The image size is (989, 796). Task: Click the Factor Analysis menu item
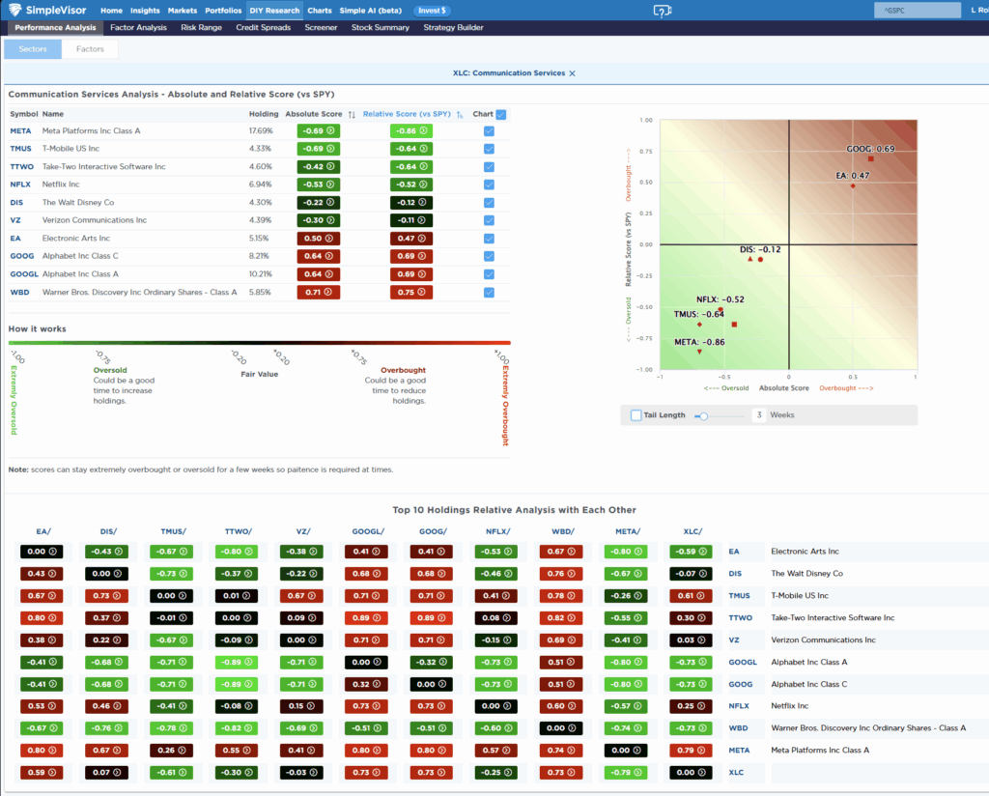[x=138, y=28]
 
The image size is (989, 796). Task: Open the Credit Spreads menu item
[x=263, y=28]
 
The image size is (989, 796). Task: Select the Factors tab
[x=90, y=48]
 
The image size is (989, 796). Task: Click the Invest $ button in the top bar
[x=431, y=11]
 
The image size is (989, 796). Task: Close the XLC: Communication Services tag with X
[x=572, y=73]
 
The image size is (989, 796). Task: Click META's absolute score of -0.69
[x=318, y=130]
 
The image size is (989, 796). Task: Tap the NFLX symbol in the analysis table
[x=20, y=185]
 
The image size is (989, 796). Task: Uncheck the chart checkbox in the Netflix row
[x=489, y=185]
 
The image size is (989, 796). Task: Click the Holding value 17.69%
[x=261, y=130]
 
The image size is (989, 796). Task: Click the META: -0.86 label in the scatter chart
[x=699, y=341]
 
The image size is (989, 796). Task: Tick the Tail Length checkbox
[x=636, y=415]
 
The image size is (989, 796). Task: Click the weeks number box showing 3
[x=759, y=415]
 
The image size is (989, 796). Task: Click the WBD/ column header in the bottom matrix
[x=561, y=531]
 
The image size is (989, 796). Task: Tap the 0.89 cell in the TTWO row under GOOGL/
[x=366, y=617]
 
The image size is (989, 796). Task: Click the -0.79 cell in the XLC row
[x=625, y=772]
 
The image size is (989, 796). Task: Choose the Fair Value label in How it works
[x=259, y=374]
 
